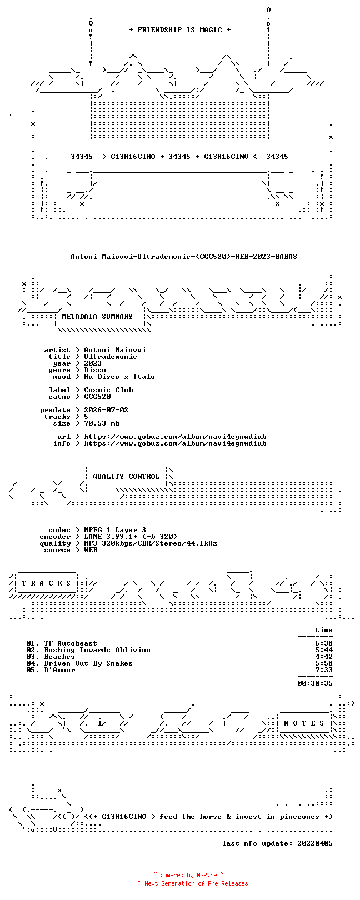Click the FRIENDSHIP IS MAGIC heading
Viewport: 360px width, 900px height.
pyautogui.click(x=179, y=30)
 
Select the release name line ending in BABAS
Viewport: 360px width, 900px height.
pyautogui.click(x=184, y=257)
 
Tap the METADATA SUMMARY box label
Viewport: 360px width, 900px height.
pyautogui.click(x=97, y=317)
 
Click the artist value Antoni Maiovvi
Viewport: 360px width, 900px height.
pyautogui.click(x=115, y=351)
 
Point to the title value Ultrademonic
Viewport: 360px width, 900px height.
pyautogui.click(x=111, y=357)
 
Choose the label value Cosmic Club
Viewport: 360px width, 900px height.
pyautogui.click(x=108, y=390)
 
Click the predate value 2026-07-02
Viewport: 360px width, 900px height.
pyautogui.click(x=106, y=410)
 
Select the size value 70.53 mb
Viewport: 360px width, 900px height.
pyautogui.click(x=102, y=423)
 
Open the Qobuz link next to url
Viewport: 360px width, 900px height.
pyautogui.click(x=175, y=437)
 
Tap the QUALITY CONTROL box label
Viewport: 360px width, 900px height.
pyautogui.click(x=126, y=477)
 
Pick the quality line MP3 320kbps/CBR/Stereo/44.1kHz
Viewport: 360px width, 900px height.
pyautogui.click(x=151, y=544)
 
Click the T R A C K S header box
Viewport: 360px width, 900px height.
pyautogui.click(x=46, y=583)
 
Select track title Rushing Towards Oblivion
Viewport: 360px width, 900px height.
pyautogui.click(x=97, y=650)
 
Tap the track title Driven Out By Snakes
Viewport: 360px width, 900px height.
pyautogui.click(x=88, y=663)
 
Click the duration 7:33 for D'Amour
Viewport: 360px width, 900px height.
pyautogui.click(x=324, y=670)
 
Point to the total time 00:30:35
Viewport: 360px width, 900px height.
pyautogui.click(x=315, y=683)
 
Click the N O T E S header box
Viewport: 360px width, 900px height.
pyautogui.click(x=304, y=723)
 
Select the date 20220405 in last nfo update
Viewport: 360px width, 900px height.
pyautogui.click(x=315, y=843)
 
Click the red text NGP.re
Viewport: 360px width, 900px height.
pyautogui.click(x=207, y=876)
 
